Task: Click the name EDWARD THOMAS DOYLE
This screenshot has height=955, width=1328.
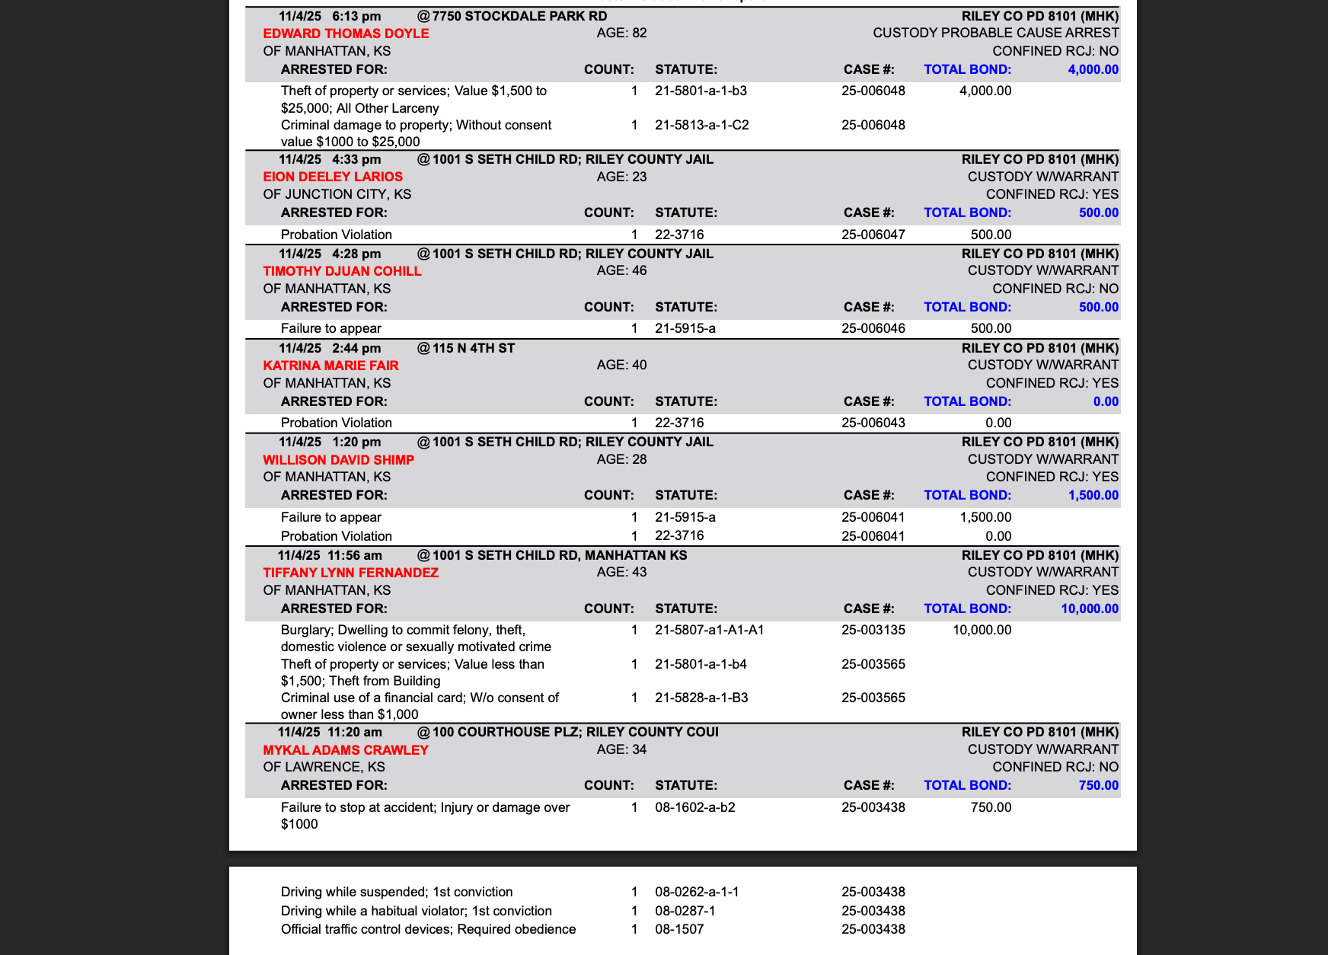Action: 346,34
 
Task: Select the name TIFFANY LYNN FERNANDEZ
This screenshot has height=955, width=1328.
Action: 350,573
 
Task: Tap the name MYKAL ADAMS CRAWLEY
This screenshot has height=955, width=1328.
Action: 346,750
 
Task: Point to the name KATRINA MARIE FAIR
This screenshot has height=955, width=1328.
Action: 330,366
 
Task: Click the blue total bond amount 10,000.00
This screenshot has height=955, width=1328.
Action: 1090,608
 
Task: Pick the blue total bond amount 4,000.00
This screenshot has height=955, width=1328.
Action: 1093,69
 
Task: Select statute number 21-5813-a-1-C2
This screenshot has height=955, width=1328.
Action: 701,125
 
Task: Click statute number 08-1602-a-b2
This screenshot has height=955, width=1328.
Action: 694,807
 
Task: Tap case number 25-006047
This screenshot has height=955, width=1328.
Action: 873,235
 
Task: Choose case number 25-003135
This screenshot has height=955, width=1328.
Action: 873,630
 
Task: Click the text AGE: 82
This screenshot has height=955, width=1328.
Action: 621,33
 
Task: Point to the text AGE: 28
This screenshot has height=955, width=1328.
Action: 621,459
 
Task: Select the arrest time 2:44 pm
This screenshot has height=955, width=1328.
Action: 356,348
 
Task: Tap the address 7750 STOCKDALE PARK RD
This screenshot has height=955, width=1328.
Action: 519,16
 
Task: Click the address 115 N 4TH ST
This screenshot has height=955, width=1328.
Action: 473,348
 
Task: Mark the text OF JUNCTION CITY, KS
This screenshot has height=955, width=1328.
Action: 337,194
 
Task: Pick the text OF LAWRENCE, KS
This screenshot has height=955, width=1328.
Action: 324,767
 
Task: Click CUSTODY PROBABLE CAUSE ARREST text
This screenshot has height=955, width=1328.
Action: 995,33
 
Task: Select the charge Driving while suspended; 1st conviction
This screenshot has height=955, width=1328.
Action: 396,892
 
